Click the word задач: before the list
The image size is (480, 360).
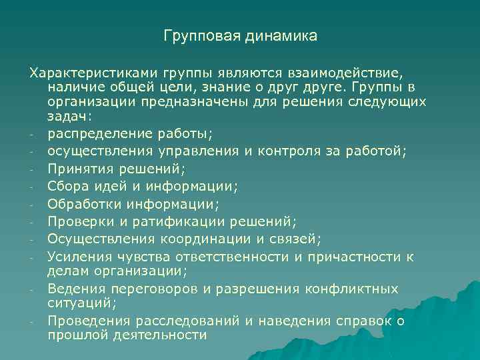pyautogui.click(x=71, y=116)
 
